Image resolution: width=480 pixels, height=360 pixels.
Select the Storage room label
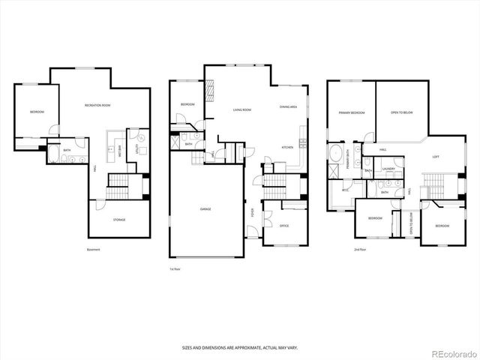click(x=119, y=220)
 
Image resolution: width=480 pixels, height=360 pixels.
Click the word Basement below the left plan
click(x=93, y=250)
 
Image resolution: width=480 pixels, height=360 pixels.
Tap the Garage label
click(x=205, y=208)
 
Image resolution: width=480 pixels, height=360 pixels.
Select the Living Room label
click(x=241, y=109)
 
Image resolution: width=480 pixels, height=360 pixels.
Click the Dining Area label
click(x=289, y=107)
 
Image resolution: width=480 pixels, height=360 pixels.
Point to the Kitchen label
click(x=287, y=147)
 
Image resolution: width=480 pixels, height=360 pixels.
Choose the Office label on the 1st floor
click(x=284, y=225)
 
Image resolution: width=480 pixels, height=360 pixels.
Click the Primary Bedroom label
click(x=351, y=112)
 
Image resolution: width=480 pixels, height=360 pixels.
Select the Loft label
click(x=436, y=157)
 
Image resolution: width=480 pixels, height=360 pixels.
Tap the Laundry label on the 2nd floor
click(x=388, y=169)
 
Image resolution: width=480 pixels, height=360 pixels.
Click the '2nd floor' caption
click(x=361, y=250)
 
